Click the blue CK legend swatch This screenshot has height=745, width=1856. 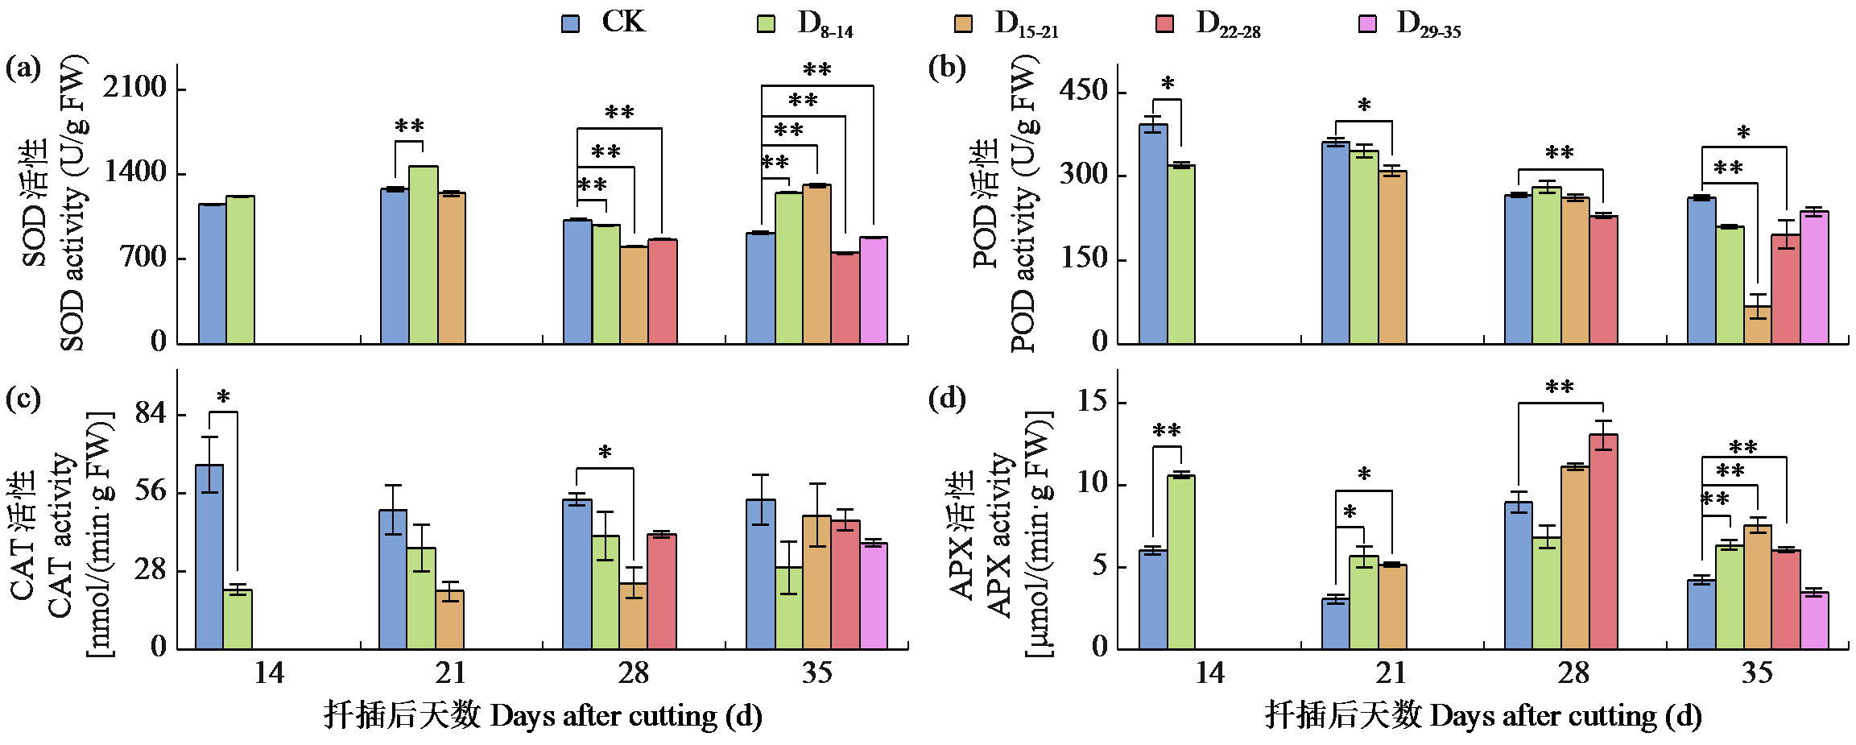(x=570, y=23)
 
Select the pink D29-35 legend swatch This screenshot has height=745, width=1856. (x=1367, y=23)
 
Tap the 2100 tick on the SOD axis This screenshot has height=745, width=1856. (x=134, y=87)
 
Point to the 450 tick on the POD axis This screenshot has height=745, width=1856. (x=1083, y=90)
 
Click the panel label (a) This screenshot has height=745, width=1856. (x=23, y=68)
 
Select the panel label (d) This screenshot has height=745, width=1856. (x=947, y=399)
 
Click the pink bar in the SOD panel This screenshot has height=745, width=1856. (x=874, y=290)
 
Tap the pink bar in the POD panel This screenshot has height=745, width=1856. (x=1814, y=277)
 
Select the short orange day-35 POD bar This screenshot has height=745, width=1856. (x=1758, y=324)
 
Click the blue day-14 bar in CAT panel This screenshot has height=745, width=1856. (x=209, y=556)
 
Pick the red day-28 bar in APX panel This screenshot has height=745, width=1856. (x=1603, y=541)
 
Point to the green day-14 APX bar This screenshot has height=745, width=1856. (x=1181, y=561)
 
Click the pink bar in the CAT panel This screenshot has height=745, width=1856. (x=874, y=596)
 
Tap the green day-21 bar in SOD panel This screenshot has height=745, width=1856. (x=424, y=255)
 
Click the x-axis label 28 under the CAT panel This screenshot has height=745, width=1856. (x=634, y=673)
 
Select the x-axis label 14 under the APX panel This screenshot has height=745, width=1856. (x=1209, y=673)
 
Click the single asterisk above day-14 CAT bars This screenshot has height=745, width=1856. (x=223, y=397)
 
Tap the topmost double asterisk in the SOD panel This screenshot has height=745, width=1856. (x=816, y=70)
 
